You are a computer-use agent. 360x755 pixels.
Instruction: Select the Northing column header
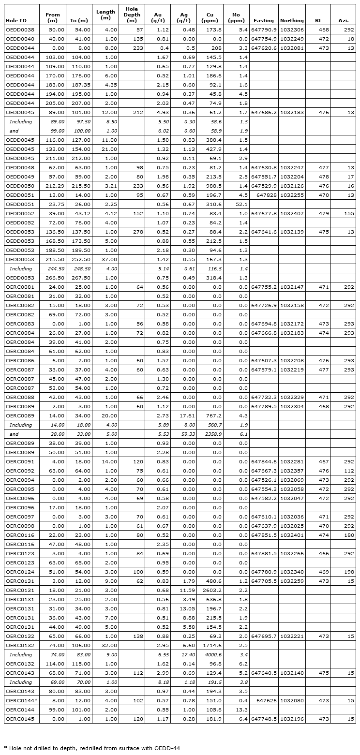(292, 21)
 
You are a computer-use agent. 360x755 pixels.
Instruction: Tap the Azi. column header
(343, 21)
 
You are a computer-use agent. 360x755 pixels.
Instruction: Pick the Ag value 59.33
(183, 434)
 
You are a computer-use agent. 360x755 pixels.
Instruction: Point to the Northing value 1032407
(292, 213)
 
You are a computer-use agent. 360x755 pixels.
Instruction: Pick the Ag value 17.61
(183, 415)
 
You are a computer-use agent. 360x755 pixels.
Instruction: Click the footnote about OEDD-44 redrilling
(92, 747)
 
